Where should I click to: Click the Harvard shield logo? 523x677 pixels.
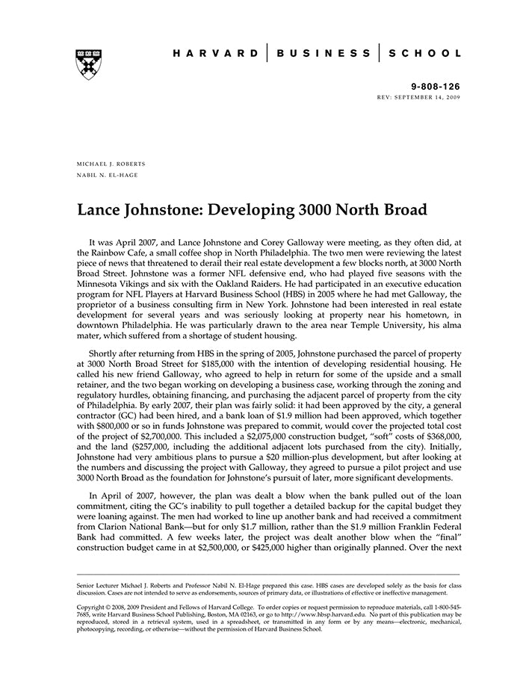89,64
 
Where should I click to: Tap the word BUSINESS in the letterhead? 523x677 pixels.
324,54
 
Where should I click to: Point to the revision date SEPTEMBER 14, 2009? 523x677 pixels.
426,98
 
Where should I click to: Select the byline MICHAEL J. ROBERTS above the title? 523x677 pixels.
112,164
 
